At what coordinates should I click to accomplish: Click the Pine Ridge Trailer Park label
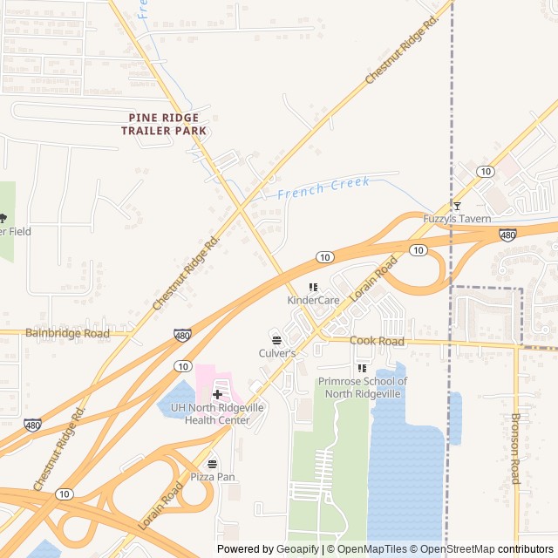pyautogui.click(x=164, y=124)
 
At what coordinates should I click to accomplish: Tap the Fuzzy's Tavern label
pyautogui.click(x=457, y=219)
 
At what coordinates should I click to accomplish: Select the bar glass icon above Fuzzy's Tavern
pyautogui.click(x=457, y=206)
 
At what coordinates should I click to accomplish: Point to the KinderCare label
pyautogui.click(x=313, y=300)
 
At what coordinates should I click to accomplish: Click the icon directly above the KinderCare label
pyautogui.click(x=313, y=287)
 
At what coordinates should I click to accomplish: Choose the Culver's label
pyautogui.click(x=277, y=353)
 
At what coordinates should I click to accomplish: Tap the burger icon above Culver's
pyautogui.click(x=277, y=340)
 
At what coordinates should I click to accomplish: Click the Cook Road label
pyautogui.click(x=377, y=341)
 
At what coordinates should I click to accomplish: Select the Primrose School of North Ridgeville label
pyautogui.click(x=362, y=387)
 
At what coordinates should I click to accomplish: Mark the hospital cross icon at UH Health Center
pyautogui.click(x=217, y=395)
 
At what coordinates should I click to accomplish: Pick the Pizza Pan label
pyautogui.click(x=213, y=477)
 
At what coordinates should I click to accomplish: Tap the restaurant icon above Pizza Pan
pyautogui.click(x=213, y=464)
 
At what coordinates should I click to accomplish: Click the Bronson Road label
pyautogui.click(x=514, y=448)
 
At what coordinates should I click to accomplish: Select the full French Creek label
pyautogui.click(x=323, y=187)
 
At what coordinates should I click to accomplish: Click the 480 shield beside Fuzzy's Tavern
pyautogui.click(x=507, y=235)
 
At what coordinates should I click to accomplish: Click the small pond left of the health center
pyautogui.click(x=174, y=403)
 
